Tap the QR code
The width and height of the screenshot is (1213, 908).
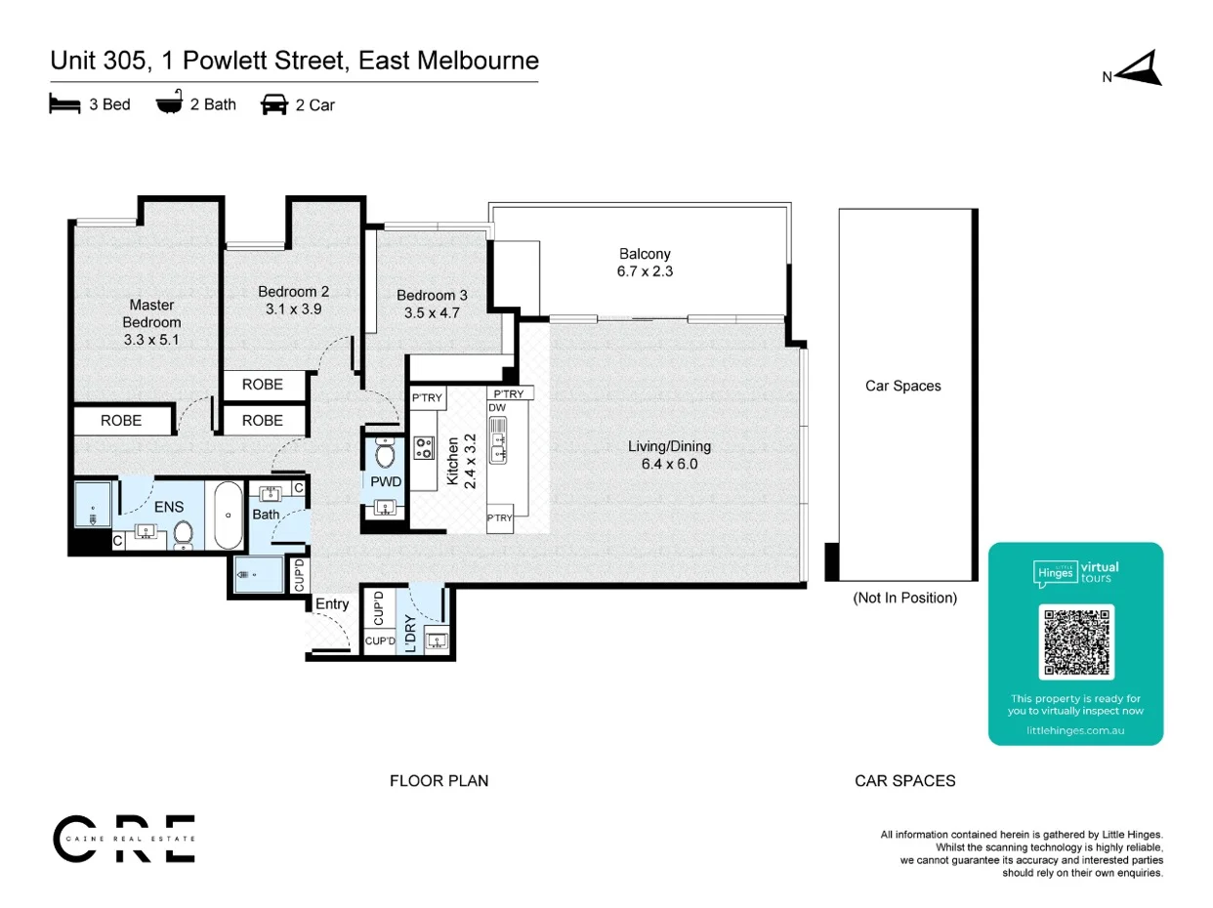click(1076, 641)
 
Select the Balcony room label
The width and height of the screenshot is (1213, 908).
click(645, 254)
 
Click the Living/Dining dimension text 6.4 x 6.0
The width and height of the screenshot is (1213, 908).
click(669, 464)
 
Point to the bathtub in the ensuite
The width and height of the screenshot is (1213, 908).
click(228, 515)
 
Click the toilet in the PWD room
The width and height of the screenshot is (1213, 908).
click(385, 453)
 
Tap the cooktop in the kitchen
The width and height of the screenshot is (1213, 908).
click(424, 448)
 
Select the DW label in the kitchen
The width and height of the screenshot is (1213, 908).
click(497, 407)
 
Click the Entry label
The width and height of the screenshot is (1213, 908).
click(331, 603)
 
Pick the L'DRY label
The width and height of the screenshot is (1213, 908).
click(410, 634)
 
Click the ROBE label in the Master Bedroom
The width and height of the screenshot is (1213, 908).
click(121, 420)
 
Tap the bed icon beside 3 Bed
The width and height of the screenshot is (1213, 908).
click(64, 103)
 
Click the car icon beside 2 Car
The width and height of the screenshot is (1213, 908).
click(274, 104)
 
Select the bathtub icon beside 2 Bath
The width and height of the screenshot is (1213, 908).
click(169, 102)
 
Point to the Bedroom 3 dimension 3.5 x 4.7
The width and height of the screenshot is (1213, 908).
click(432, 313)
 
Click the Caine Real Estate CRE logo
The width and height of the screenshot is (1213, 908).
click(124, 839)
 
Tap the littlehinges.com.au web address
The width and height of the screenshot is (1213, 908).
click(1075, 730)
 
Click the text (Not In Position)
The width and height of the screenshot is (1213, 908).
click(904, 598)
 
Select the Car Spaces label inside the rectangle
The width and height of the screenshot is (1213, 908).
click(903, 386)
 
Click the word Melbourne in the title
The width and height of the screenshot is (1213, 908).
click(478, 61)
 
